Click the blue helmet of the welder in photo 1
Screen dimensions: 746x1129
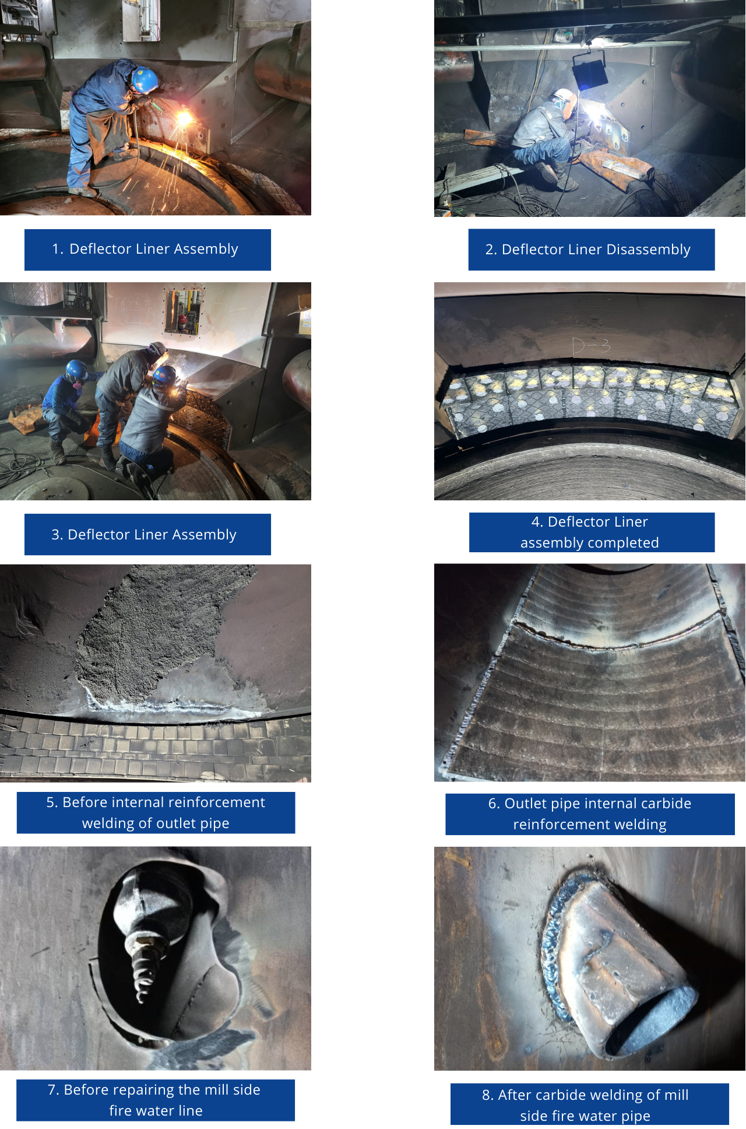tap(145, 80)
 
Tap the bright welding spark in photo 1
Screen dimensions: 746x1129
tap(184, 119)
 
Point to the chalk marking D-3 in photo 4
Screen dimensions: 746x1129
tap(591, 346)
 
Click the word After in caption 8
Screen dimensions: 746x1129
tap(513, 1095)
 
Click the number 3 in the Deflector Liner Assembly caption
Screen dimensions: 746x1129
tap(56, 535)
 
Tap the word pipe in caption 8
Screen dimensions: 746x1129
tap(636, 1117)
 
